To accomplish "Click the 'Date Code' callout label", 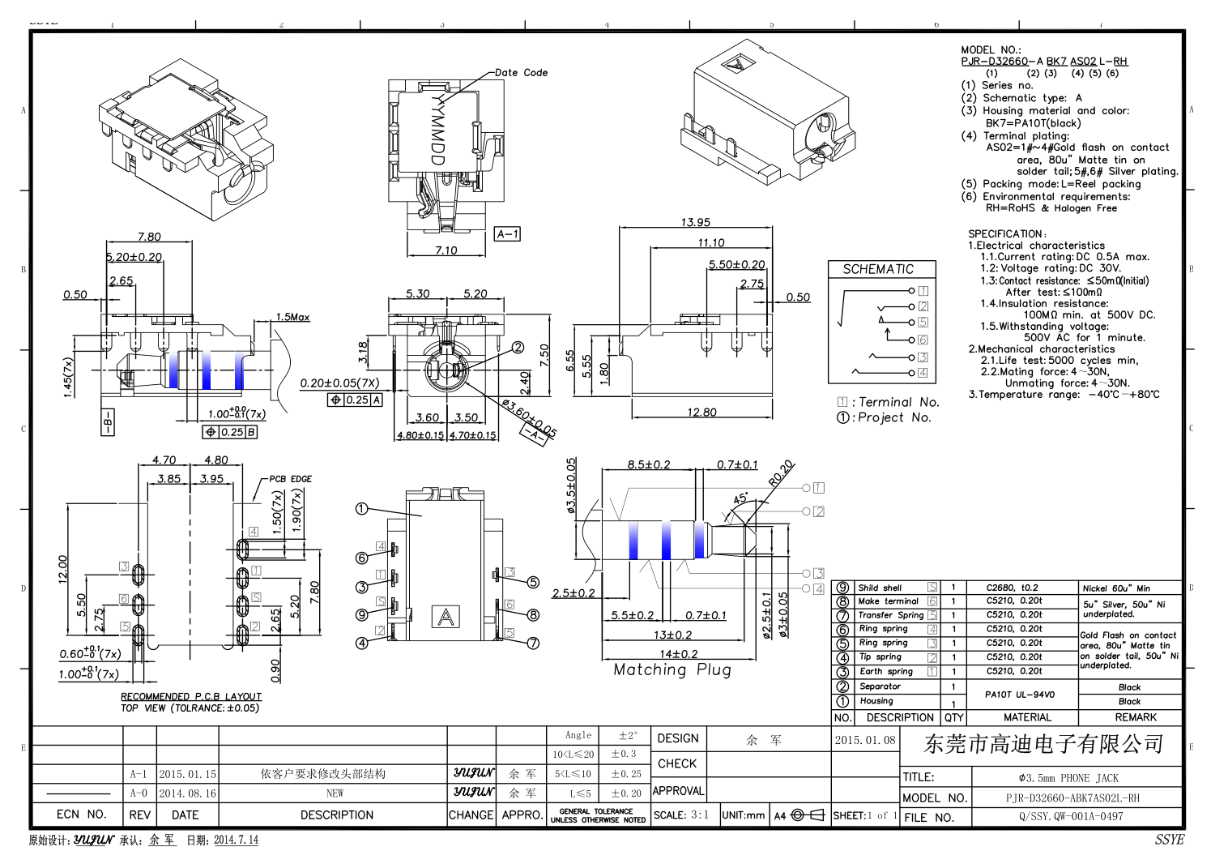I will click(521, 73).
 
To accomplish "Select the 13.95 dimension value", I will click(695, 222).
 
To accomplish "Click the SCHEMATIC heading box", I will click(878, 269).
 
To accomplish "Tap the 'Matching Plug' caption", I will click(672, 670).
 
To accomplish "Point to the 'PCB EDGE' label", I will click(291, 479).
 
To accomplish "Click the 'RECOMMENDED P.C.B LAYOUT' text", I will click(191, 696).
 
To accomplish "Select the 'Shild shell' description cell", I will click(880, 588).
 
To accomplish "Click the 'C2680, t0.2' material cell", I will click(1012, 588).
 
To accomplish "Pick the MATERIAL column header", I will click(1027, 717).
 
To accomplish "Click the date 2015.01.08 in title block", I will click(865, 740).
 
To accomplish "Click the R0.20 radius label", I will click(781, 473).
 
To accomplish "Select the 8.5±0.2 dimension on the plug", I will click(649, 464).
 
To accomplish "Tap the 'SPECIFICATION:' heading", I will click(1007, 233).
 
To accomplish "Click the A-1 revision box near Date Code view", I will click(507, 234).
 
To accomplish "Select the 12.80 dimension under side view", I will click(701, 412).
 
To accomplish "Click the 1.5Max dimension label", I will click(292, 317).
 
